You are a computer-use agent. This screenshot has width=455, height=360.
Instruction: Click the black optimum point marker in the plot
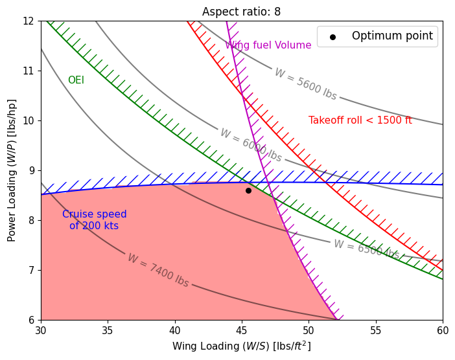248,190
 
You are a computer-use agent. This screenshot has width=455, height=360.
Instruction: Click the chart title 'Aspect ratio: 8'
241,12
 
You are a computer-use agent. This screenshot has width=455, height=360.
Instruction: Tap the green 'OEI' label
76,80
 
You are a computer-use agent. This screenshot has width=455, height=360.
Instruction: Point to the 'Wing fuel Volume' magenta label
268,45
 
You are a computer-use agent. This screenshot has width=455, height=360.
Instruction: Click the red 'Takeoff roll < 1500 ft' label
360,120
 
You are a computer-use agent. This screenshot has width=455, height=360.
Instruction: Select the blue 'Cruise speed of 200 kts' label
95,220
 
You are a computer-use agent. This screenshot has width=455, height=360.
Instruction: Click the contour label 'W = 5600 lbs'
305,84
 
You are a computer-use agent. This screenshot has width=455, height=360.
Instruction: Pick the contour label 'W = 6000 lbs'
251,145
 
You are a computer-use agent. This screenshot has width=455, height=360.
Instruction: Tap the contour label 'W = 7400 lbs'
158,270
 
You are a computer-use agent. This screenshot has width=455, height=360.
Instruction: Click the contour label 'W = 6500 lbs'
366,249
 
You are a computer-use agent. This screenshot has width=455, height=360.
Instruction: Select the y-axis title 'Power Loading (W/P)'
12,170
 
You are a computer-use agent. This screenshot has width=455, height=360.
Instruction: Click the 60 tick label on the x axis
443,330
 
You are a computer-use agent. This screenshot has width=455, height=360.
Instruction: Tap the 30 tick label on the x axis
41,330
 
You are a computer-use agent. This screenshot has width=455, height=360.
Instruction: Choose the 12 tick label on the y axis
28,21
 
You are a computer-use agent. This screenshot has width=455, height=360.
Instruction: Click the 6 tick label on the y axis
30,320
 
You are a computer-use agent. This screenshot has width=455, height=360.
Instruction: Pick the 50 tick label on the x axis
309,330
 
